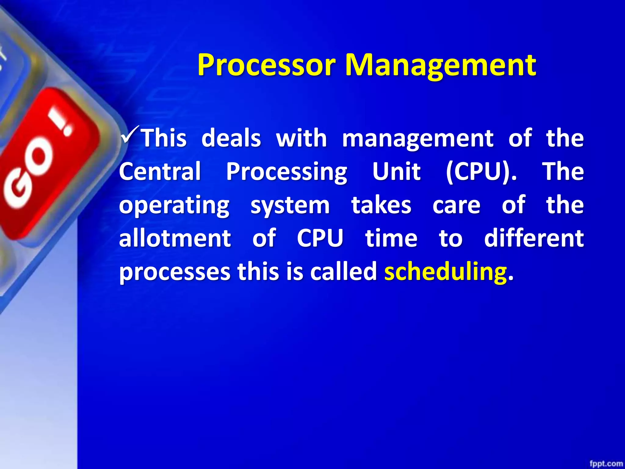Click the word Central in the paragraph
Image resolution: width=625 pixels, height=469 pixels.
pyautogui.click(x=160, y=171)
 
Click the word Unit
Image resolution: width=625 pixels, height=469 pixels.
pyautogui.click(x=396, y=171)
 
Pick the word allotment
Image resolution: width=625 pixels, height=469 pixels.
pyautogui.click(x=175, y=238)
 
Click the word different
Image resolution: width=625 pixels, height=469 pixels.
pyautogui.click(x=534, y=238)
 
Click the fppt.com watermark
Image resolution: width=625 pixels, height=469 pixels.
pyautogui.click(x=605, y=464)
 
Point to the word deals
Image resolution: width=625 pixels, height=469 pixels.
pyautogui.click(x=231, y=138)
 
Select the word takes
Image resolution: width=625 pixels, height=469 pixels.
pyautogui.click(x=381, y=205)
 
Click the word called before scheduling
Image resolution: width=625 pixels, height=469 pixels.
pyautogui.click(x=344, y=271)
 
